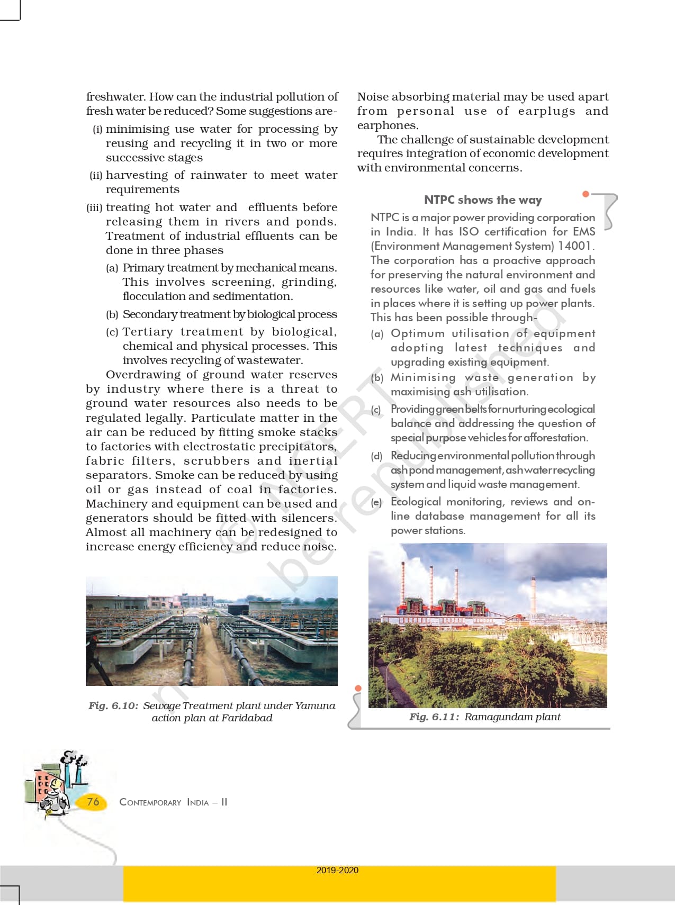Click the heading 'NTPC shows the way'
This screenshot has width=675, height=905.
[483, 200]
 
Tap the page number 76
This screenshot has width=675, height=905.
[93, 801]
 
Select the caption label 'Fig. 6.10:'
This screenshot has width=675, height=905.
[113, 705]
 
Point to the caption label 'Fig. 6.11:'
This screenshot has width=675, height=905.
[434, 717]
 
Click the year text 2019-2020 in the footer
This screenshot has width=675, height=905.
[337, 870]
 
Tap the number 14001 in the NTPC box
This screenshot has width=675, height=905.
[575, 246]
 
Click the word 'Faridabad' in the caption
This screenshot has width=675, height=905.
[247, 718]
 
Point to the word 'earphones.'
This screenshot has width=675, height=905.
[388, 125]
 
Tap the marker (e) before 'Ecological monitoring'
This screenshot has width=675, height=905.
[376, 502]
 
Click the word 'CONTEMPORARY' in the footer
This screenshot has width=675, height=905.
[150, 802]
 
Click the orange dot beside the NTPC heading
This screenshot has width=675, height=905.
[586, 194]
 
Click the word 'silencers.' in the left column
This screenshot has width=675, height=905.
[309, 518]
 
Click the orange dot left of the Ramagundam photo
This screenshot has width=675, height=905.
[358, 688]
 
